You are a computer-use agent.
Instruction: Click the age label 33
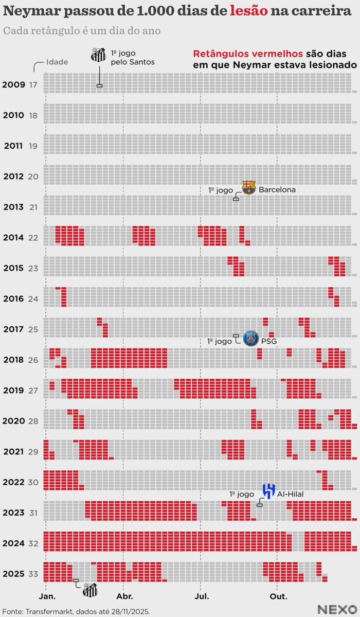coord(33,573)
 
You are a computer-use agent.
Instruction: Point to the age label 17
coord(33,84)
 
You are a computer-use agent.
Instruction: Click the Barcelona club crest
coord(249,188)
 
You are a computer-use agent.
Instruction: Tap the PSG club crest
coord(250,339)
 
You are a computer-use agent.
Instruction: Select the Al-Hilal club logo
coord(268,491)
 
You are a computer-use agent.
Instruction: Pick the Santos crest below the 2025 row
coord(90,590)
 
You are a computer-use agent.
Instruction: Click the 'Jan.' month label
coord(47,597)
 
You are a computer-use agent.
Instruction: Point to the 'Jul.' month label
coord(201,597)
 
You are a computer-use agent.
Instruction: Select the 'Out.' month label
coord(278,597)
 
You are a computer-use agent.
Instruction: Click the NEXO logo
coord(336,609)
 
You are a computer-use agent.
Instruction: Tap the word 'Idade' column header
coord(57,62)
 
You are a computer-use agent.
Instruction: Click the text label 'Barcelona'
coord(277,190)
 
